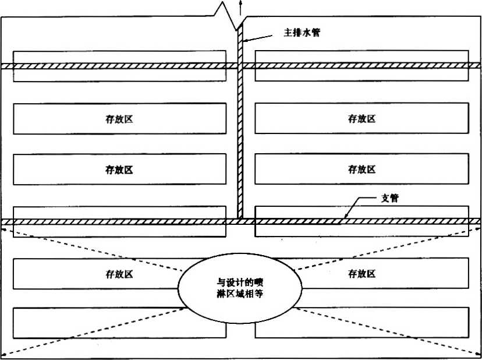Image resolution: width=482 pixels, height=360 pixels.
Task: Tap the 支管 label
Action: tap(390, 199)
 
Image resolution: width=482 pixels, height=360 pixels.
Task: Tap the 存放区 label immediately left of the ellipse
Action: tap(119, 274)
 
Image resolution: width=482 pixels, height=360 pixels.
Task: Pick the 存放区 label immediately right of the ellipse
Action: tap(362, 274)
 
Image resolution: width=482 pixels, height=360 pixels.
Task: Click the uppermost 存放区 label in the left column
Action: tap(119, 119)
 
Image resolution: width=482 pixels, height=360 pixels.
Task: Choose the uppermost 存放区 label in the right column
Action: tap(362, 119)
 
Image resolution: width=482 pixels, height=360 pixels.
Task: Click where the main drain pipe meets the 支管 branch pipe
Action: tap(240, 221)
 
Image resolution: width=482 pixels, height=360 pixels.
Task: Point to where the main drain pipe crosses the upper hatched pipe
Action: tap(240, 66)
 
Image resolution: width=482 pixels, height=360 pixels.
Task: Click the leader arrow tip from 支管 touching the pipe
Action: tap(344, 219)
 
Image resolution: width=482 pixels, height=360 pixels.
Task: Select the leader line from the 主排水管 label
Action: tap(259, 37)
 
